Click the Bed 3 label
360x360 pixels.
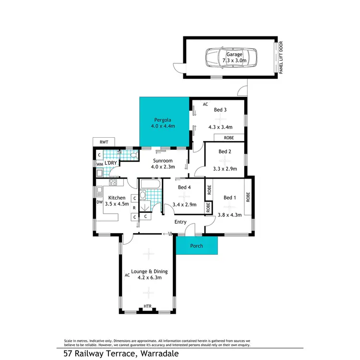(220, 110)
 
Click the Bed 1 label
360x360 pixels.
(230, 197)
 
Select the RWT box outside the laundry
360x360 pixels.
(103, 142)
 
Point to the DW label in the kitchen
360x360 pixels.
(99, 202)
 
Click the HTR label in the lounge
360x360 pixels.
(148, 306)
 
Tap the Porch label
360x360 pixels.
(197, 246)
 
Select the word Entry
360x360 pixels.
(180, 222)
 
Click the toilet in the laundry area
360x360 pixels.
(132, 155)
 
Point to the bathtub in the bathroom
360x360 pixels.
(151, 184)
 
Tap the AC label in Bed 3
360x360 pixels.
(205, 104)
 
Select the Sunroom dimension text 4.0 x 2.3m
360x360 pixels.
(163, 167)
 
